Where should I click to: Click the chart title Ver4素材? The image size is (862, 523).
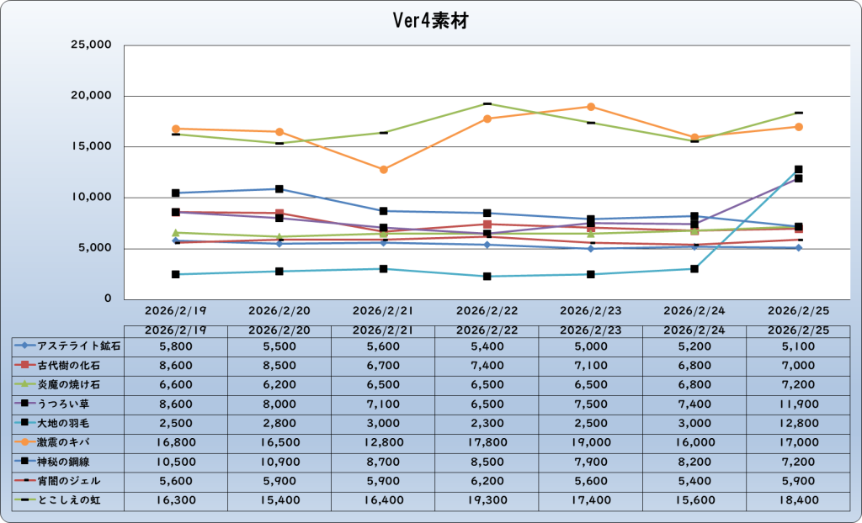(430, 21)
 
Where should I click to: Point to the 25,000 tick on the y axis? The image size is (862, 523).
(89, 45)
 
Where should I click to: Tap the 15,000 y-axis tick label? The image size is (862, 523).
(89, 147)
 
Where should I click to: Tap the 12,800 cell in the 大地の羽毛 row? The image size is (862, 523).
(798, 422)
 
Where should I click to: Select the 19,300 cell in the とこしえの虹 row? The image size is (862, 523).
(487, 499)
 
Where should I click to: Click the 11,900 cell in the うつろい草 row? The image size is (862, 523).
(798, 403)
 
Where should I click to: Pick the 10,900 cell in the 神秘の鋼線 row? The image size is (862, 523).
(279, 461)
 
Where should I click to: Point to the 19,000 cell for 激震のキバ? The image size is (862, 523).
(591, 441)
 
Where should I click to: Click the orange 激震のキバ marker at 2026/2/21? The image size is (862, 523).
(383, 170)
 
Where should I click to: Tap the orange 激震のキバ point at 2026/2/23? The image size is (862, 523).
(591, 107)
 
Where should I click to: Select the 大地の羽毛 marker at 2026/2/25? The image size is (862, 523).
(798, 170)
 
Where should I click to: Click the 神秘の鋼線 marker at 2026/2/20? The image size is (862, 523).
(279, 189)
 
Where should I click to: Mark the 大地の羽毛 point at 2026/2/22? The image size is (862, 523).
(487, 276)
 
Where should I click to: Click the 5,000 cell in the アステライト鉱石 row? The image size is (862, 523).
(591, 345)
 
